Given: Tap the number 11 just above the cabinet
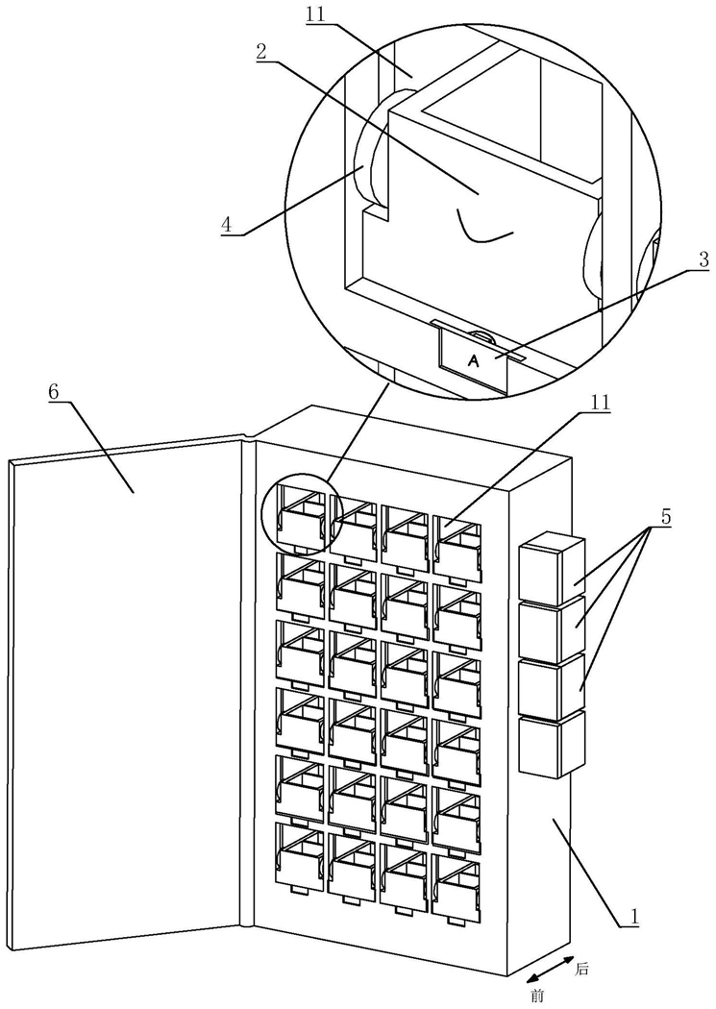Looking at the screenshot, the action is click(x=600, y=403).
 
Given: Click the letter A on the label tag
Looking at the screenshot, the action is click(x=474, y=361).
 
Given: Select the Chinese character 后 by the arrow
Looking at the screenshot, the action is click(x=581, y=969).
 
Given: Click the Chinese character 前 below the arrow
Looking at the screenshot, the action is click(x=538, y=997).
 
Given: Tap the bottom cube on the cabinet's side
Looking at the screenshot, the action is click(x=552, y=744).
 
